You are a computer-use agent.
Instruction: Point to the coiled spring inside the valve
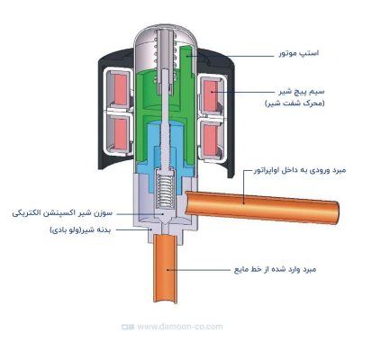tap(165, 190)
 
